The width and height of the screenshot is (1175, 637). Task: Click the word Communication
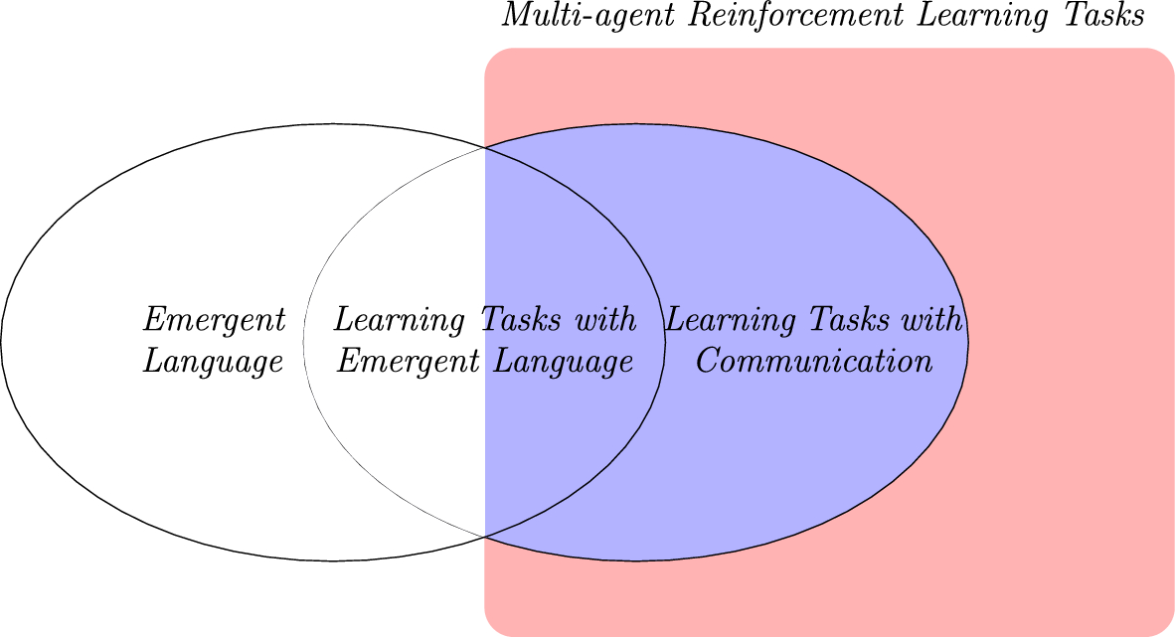(x=814, y=360)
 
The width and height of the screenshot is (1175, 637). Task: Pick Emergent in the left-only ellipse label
(x=215, y=321)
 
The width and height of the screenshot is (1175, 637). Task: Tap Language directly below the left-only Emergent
(x=214, y=362)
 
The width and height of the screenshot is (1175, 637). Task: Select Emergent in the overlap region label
(x=410, y=362)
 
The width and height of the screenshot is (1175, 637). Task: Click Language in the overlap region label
(x=564, y=362)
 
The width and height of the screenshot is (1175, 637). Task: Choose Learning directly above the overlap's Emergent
(x=401, y=321)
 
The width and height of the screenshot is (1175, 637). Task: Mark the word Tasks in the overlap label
(x=521, y=320)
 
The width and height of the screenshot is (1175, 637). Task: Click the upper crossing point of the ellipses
(x=485, y=148)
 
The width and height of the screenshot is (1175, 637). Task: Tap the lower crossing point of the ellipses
(x=485, y=537)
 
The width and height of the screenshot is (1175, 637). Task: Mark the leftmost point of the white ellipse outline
(x=2, y=343)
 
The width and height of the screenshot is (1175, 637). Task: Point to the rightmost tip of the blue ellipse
(x=968, y=343)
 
